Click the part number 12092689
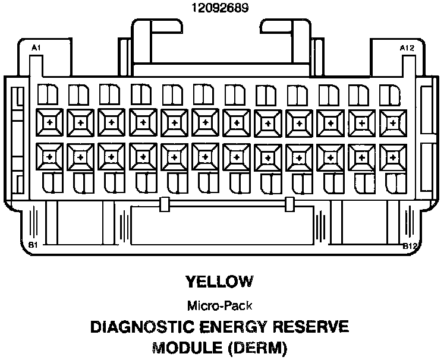tap(220, 8)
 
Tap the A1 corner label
tap(36, 47)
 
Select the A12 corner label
tap(407, 47)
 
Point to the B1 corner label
tap(33, 245)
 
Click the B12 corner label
tap(409, 245)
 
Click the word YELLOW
tap(219, 281)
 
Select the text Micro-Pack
tap(219, 307)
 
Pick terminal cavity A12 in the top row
tap(392, 121)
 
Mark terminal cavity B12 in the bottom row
tap(392, 156)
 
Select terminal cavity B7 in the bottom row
tap(237, 156)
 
